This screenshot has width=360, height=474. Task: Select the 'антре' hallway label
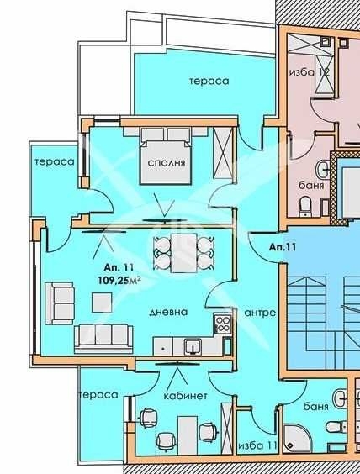pyautogui.click(x=261, y=313)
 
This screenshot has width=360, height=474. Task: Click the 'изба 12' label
pyautogui.click(x=309, y=72)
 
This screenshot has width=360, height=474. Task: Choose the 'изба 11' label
pyautogui.click(x=258, y=445)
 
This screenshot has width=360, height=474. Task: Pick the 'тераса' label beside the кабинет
pyautogui.click(x=95, y=394)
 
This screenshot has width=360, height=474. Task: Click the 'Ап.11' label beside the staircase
pyautogui.click(x=283, y=247)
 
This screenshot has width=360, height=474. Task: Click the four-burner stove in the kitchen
pyautogui.click(x=222, y=324)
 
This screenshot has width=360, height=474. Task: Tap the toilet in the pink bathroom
pyautogui.click(x=307, y=203)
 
